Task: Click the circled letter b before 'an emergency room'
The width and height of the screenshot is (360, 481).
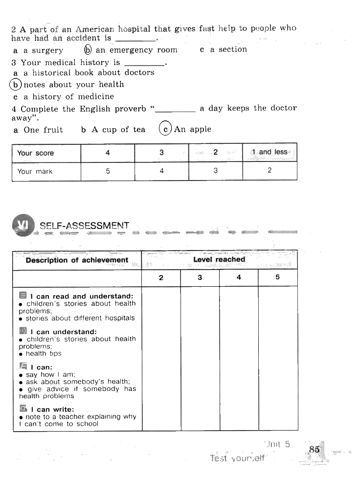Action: point(88,50)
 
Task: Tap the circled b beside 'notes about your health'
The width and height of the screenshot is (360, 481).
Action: point(16,85)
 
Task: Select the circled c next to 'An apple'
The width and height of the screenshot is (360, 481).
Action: point(166,129)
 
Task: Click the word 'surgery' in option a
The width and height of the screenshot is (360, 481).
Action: point(47,50)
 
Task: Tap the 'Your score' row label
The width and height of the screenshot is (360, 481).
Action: point(35,153)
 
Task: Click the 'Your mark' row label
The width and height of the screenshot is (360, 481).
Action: point(35,172)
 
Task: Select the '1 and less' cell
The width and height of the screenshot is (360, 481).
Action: point(270,152)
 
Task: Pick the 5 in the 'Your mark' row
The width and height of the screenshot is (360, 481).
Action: point(108,171)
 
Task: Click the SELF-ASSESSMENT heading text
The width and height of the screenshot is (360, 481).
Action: point(84,226)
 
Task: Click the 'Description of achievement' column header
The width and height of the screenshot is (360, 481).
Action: point(77,260)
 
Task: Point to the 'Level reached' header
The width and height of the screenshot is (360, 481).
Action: point(219,259)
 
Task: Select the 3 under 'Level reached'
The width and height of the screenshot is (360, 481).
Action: point(200,277)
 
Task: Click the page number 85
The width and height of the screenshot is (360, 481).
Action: point(314,449)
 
